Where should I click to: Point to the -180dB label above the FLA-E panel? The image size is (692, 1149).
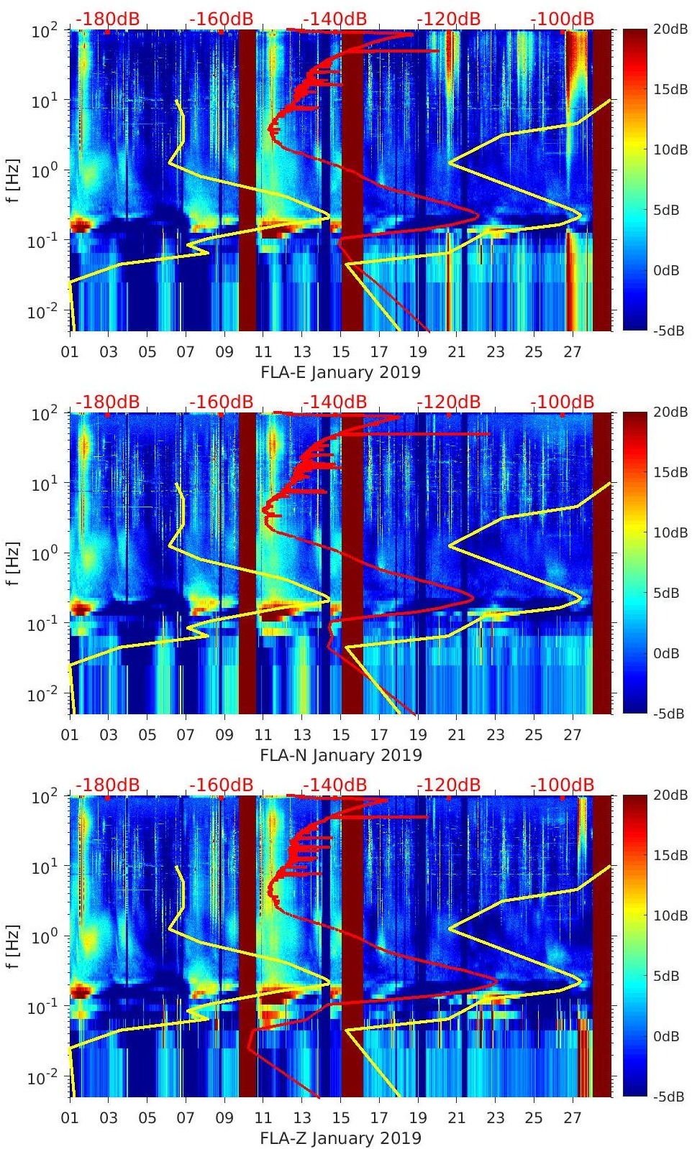coord(108,19)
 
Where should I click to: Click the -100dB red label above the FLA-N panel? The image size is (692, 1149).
coord(563,402)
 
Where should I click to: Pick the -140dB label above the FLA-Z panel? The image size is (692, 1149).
coord(334,785)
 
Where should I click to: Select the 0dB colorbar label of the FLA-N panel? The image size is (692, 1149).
coord(667,653)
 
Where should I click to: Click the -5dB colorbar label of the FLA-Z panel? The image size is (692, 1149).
coord(669,1097)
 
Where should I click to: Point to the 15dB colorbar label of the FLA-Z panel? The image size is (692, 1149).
coord(671,855)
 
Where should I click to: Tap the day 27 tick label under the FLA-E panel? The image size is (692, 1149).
coord(573,352)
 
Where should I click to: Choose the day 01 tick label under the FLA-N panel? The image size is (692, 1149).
coord(70,735)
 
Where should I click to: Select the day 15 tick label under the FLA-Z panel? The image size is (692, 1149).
coord(341,1118)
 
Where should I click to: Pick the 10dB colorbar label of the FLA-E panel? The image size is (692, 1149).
coord(671,150)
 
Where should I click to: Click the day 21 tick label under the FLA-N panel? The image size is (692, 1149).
coord(457,735)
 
